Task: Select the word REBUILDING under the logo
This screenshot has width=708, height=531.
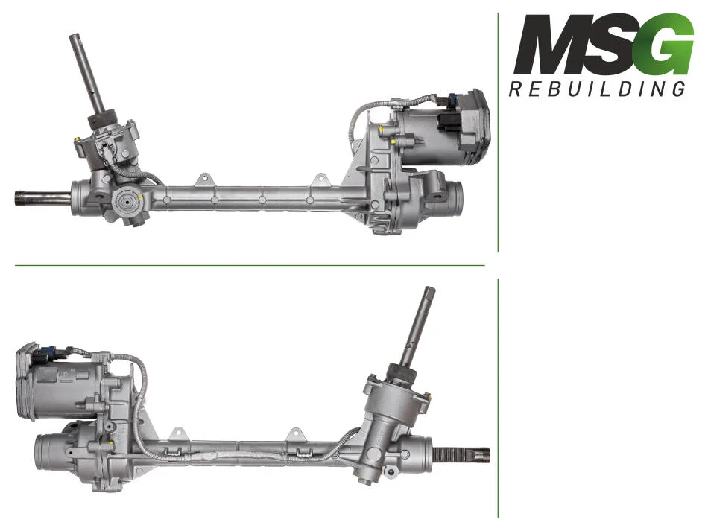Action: pos(597,89)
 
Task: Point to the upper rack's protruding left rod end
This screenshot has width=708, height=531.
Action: pos(42,197)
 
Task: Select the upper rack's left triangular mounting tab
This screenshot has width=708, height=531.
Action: pos(203,179)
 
